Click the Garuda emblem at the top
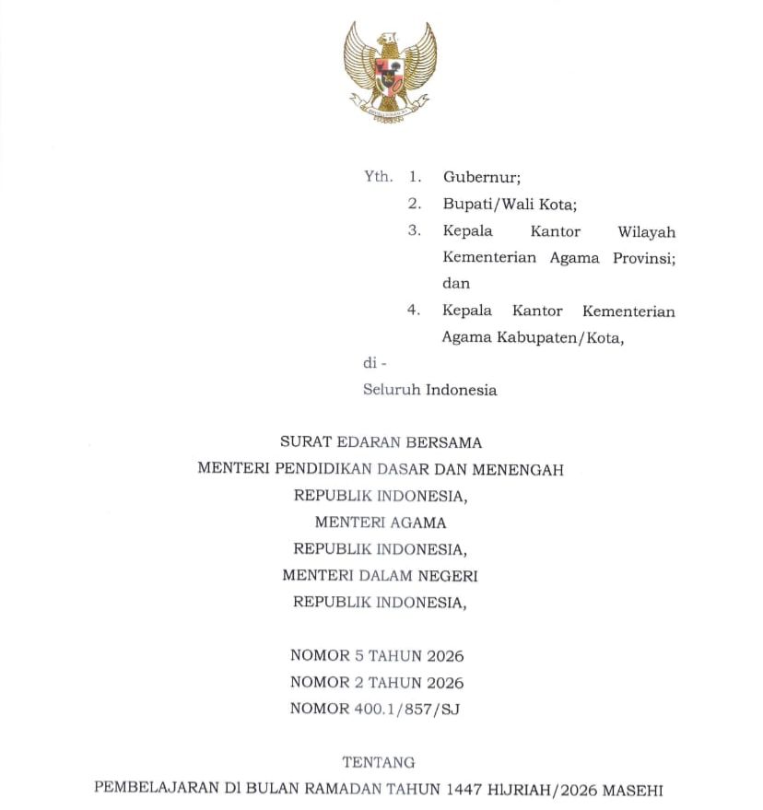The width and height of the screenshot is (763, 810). [x=389, y=72]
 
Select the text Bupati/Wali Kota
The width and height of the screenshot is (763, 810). [x=509, y=205]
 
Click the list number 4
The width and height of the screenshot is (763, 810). [x=414, y=311]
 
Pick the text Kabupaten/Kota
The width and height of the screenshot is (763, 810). [x=572, y=337]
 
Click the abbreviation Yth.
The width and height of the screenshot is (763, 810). [x=378, y=177]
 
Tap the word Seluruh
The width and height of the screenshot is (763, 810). [x=392, y=390]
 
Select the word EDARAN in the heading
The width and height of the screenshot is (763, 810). [x=381, y=442]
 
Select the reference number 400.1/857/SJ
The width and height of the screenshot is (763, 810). [x=407, y=710]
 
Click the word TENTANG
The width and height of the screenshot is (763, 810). [x=379, y=763]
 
